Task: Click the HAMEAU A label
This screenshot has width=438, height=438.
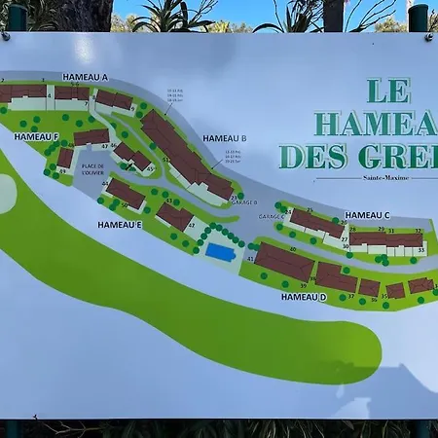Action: (85, 77)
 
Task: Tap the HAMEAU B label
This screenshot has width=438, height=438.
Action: (225, 138)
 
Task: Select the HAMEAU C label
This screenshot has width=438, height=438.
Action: (367, 214)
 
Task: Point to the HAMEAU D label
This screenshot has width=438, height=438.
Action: (303, 296)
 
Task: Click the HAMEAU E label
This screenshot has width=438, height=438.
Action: (120, 225)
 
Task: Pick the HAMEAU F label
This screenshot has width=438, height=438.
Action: (37, 137)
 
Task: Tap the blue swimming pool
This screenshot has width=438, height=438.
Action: (220, 252)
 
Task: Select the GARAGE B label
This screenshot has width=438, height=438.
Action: (244, 202)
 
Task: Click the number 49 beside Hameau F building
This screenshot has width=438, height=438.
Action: (62, 171)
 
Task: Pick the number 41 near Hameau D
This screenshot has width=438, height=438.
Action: (250, 260)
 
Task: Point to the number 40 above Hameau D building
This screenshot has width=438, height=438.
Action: (292, 249)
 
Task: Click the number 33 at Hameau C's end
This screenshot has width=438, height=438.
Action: (420, 250)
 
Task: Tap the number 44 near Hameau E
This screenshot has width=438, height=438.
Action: (105, 183)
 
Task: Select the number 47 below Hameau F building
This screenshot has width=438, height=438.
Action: (104, 146)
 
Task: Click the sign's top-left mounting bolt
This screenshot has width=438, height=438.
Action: (6, 36)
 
